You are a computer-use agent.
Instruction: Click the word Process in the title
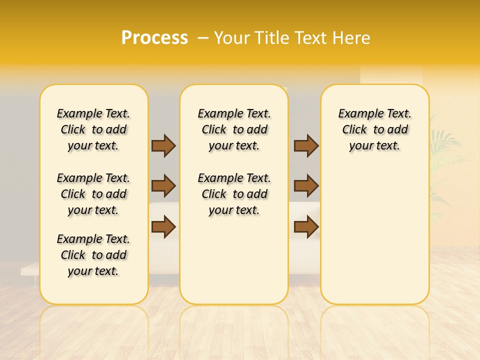154,38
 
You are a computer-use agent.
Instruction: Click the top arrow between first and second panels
163,145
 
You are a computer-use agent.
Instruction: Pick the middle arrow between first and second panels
163,186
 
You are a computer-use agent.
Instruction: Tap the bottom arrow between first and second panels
163,227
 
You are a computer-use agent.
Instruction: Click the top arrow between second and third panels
306,145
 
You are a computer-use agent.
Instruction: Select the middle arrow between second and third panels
306,186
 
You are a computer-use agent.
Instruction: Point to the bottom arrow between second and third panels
306,227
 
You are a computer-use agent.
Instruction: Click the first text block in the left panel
93,129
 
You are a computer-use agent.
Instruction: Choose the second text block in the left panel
93,194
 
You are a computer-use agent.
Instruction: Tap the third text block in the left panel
93,255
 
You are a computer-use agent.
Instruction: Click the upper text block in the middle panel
234,129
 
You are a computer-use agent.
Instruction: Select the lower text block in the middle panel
234,194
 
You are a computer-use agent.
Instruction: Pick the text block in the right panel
375,129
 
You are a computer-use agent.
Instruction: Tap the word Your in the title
231,38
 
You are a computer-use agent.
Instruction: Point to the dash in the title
203,38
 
